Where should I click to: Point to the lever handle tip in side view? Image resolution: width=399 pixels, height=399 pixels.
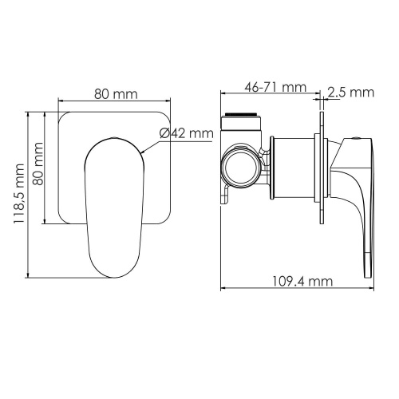click(369, 267)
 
